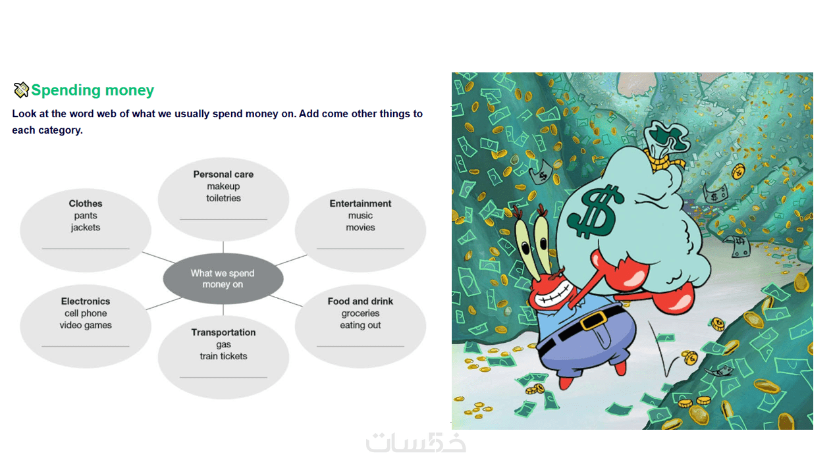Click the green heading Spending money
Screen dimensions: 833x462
click(x=92, y=90)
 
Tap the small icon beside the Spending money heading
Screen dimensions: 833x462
click(x=21, y=90)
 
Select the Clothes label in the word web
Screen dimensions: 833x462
click(x=86, y=203)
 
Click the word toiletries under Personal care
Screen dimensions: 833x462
click(x=223, y=198)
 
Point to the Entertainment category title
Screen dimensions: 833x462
click(x=360, y=203)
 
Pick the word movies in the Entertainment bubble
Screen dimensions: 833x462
click(x=360, y=227)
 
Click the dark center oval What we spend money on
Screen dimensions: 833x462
click(x=223, y=278)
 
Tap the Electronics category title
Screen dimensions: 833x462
click(x=86, y=301)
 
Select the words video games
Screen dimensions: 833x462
click(x=86, y=325)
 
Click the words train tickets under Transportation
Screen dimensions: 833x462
click(x=223, y=356)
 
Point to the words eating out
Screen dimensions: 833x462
click(x=360, y=325)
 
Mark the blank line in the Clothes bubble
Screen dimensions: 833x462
click(x=86, y=248)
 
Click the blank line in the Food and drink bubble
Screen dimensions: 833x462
click(x=360, y=346)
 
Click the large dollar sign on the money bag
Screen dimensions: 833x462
click(x=594, y=211)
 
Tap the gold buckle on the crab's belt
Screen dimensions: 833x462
click(x=594, y=321)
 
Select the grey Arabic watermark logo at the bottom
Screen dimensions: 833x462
click(x=416, y=442)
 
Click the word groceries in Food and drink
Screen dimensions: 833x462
click(x=360, y=313)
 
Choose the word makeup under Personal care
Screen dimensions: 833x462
click(x=223, y=186)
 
